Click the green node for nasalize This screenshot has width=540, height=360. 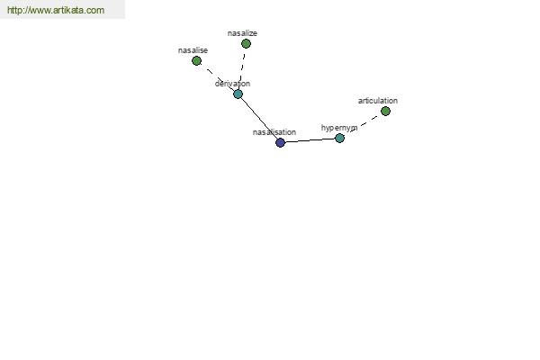246,44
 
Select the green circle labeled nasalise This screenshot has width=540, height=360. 196,61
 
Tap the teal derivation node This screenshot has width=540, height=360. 238,94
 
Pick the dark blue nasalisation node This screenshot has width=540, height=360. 280,142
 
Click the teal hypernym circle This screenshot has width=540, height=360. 339,138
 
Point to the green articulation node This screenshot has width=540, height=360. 386,111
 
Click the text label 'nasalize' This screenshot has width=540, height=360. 242,33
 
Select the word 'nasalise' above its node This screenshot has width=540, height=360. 193,50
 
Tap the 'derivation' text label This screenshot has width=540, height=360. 232,84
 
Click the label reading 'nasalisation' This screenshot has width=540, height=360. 274,132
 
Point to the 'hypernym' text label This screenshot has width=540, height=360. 339,128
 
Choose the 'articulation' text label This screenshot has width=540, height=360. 378,101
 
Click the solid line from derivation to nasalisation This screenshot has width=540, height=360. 259,118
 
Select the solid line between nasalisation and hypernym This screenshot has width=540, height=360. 310,140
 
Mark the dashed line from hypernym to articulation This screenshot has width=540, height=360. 363,124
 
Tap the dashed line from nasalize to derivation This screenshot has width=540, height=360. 242,69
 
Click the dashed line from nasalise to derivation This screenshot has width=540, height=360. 217,77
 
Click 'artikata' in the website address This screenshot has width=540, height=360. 67,10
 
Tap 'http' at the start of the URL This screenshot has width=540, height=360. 14,10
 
